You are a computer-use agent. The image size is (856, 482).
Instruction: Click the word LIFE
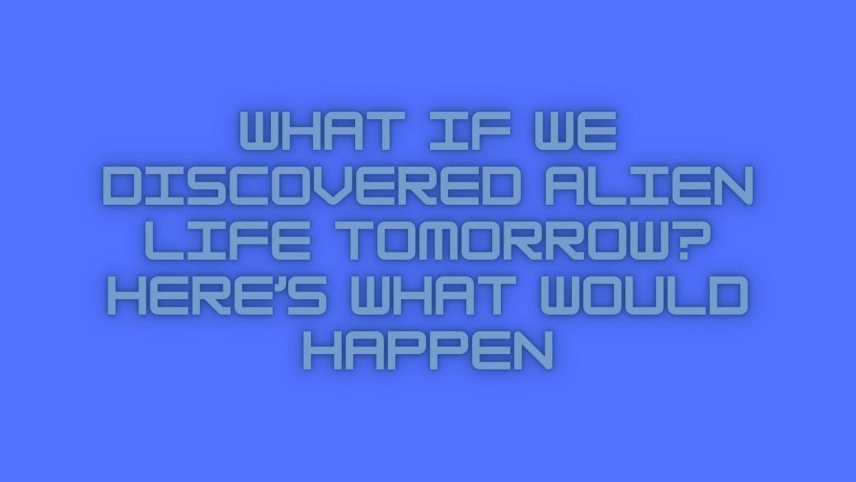coord(227,243)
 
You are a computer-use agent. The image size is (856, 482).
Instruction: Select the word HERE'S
coord(217,298)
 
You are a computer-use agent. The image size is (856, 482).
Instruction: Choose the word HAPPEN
coord(428,353)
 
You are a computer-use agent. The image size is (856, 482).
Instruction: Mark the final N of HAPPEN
coord(532,353)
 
